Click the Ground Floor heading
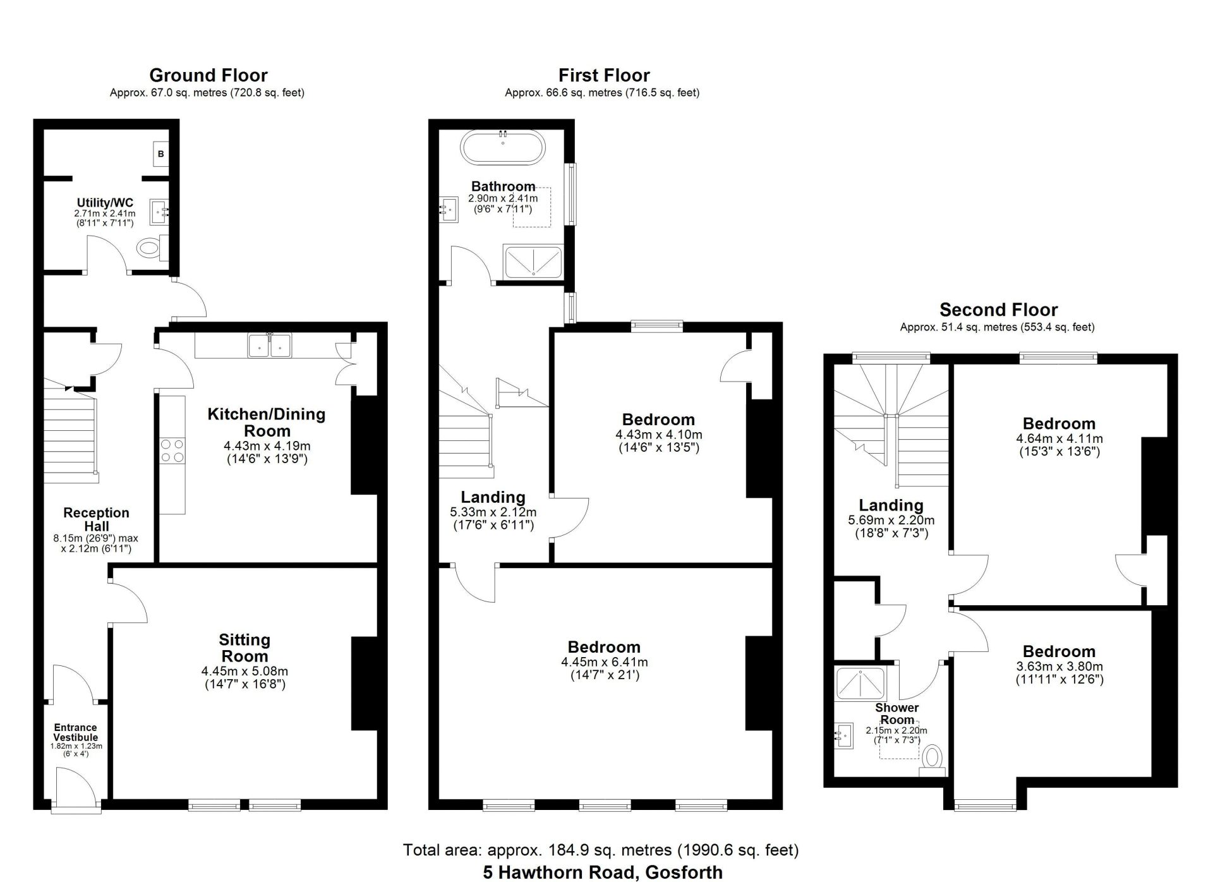pos(208,75)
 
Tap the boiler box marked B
pos(161,154)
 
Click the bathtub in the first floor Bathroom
pos(503,148)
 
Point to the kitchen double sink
pos(270,346)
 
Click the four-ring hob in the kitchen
pos(172,450)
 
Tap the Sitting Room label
pos(244,648)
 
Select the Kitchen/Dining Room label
pos(267,423)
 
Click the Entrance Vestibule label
pos(76,732)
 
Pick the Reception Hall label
pos(96,519)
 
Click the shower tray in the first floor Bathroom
pos(533,262)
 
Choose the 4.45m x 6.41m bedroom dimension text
pos(605,662)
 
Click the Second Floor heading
pos(998,310)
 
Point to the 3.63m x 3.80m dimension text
pos(1059,666)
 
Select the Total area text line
pos(601,850)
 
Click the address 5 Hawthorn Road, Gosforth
pos(603,873)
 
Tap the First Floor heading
pos(604,75)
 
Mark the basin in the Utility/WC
pos(160,212)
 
